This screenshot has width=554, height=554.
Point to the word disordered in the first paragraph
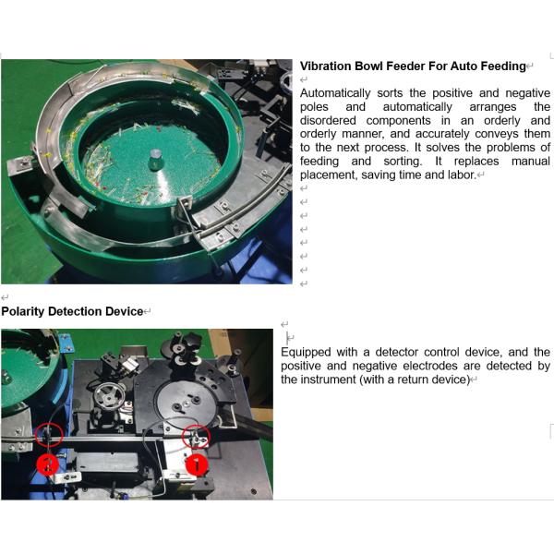pos(329,121)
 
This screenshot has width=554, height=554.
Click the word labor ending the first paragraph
pos(461,175)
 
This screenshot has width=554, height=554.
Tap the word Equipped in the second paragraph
pos(306,353)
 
